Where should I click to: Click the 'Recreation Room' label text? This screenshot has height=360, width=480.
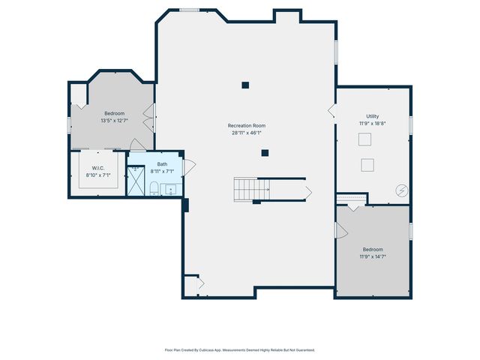[x=247, y=125]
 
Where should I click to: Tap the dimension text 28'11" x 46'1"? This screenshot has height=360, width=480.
[x=247, y=133]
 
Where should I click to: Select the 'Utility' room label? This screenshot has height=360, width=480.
[x=373, y=116]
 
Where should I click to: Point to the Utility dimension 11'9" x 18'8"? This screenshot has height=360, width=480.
[x=373, y=123]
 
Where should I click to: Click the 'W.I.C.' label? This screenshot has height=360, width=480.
[x=97, y=168]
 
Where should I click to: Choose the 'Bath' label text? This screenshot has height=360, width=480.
[x=163, y=164]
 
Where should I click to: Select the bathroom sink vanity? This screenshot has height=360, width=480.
[x=172, y=189]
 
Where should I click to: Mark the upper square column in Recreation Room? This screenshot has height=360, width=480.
[x=245, y=85]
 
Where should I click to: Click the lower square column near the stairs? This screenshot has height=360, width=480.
[x=265, y=153]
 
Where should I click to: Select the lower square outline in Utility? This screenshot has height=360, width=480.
[x=368, y=165]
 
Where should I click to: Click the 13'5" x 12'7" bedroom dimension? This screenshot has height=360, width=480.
[x=114, y=120]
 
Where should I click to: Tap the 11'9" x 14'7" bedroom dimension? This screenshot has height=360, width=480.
[x=373, y=256]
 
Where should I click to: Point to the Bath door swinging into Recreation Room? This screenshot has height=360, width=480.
[x=188, y=166]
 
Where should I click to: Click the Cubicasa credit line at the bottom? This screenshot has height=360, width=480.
[x=240, y=349]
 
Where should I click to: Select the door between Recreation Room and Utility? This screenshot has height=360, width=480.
[x=331, y=110]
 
